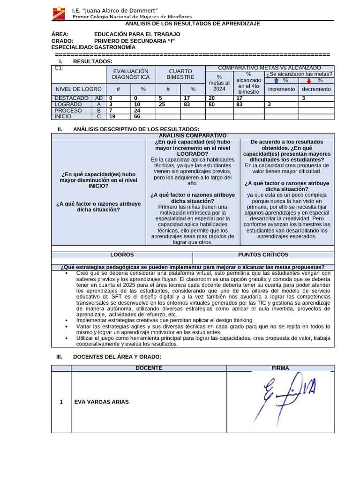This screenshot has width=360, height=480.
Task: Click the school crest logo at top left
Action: pyautogui.click(x=59, y=13)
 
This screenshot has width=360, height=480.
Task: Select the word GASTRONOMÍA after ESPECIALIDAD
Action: pyautogui.click(x=115, y=47)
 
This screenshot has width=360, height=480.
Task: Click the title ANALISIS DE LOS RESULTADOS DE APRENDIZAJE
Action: pyautogui.click(x=192, y=23)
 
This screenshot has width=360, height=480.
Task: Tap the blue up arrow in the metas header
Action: pyautogui.click(x=276, y=80)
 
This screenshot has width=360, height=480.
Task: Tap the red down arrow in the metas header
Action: pyautogui.click(x=309, y=80)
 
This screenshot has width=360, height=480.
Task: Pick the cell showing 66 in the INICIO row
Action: pyautogui.click(x=137, y=117)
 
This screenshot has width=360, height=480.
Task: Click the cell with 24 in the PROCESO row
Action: pyautogui.click(x=137, y=111)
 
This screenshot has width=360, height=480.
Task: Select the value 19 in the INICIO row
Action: pyautogui.click(x=112, y=117)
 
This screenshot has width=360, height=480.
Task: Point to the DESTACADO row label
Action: pyautogui.click(x=72, y=98)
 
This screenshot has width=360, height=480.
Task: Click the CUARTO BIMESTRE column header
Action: pyautogui.click(x=180, y=74)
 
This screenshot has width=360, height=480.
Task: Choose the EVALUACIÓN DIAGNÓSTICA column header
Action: pyautogui.click(x=130, y=74)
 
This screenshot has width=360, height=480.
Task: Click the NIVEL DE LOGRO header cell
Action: pyautogui.click(x=78, y=89)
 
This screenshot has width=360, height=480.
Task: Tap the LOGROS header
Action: pyautogui.click(x=122, y=255)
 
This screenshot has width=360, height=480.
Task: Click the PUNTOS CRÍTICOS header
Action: pyautogui.click(x=263, y=255)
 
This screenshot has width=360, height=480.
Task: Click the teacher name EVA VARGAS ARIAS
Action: pyautogui.click(x=101, y=402)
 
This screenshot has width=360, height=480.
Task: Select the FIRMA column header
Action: pyautogui.click(x=280, y=368)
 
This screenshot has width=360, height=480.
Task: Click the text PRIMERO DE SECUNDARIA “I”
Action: pyautogui.click(x=134, y=41)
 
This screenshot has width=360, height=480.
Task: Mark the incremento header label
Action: pyautogui.click(x=281, y=89)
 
